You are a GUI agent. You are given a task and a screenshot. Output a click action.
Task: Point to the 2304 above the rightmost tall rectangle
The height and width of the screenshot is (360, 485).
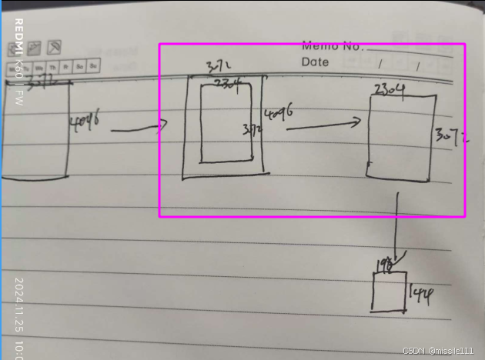[390, 89]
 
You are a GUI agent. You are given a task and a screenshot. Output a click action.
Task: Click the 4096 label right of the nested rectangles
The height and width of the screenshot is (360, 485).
[279, 116]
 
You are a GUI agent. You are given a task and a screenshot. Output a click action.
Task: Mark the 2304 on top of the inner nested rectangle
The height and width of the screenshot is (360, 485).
[227, 82]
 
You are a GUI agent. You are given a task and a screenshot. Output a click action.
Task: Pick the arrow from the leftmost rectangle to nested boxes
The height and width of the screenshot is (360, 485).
[139, 129]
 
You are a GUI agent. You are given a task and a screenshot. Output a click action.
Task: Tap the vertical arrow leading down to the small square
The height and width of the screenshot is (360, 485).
[396, 227]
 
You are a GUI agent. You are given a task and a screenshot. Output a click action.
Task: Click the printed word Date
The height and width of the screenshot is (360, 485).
[315, 62]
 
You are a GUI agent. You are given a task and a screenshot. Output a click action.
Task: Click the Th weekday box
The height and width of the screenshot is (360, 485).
[59, 67]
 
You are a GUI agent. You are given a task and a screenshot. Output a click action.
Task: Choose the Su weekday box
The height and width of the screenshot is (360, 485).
[93, 67]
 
